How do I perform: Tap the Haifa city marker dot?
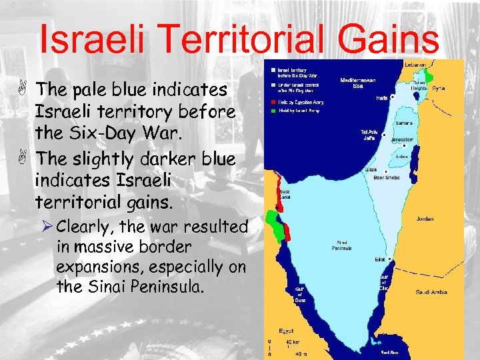pos(393,97)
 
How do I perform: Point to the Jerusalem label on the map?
pos(402,140)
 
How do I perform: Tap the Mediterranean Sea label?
pos(358,83)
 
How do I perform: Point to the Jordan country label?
pos(424,219)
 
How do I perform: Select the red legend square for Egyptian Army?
pos(273,101)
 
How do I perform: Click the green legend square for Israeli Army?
pos(273,110)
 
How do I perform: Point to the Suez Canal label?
pos(283,194)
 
